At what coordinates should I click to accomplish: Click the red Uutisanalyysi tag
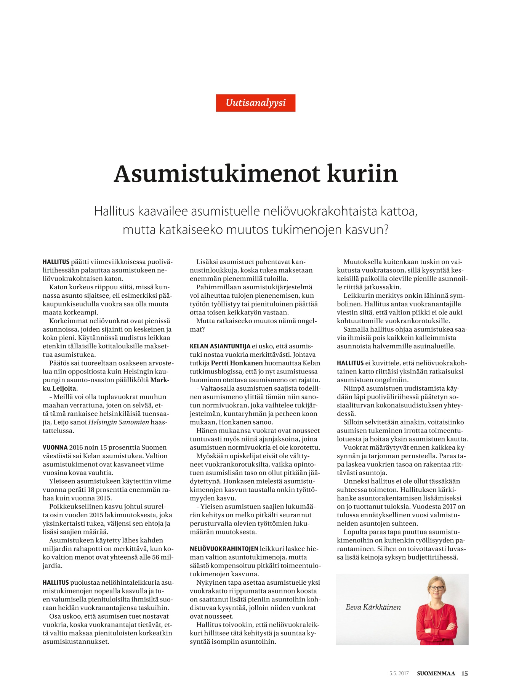click(x=255, y=103)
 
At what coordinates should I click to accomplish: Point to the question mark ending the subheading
click(x=386, y=230)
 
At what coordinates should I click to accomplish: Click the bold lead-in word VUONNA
click(x=55, y=447)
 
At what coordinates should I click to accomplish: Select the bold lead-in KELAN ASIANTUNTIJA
click(x=220, y=346)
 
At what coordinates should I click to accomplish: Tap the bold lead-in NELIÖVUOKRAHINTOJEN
click(x=224, y=549)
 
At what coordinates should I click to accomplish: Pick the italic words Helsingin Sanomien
click(x=119, y=422)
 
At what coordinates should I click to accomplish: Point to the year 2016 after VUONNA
click(x=76, y=447)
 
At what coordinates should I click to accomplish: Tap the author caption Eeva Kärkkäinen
click(x=373, y=608)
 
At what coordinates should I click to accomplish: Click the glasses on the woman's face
click(x=437, y=589)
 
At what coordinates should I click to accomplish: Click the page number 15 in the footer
click(x=464, y=674)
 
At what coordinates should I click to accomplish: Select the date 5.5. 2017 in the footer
click(x=399, y=674)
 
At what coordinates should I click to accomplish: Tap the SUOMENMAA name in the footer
click(x=436, y=674)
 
